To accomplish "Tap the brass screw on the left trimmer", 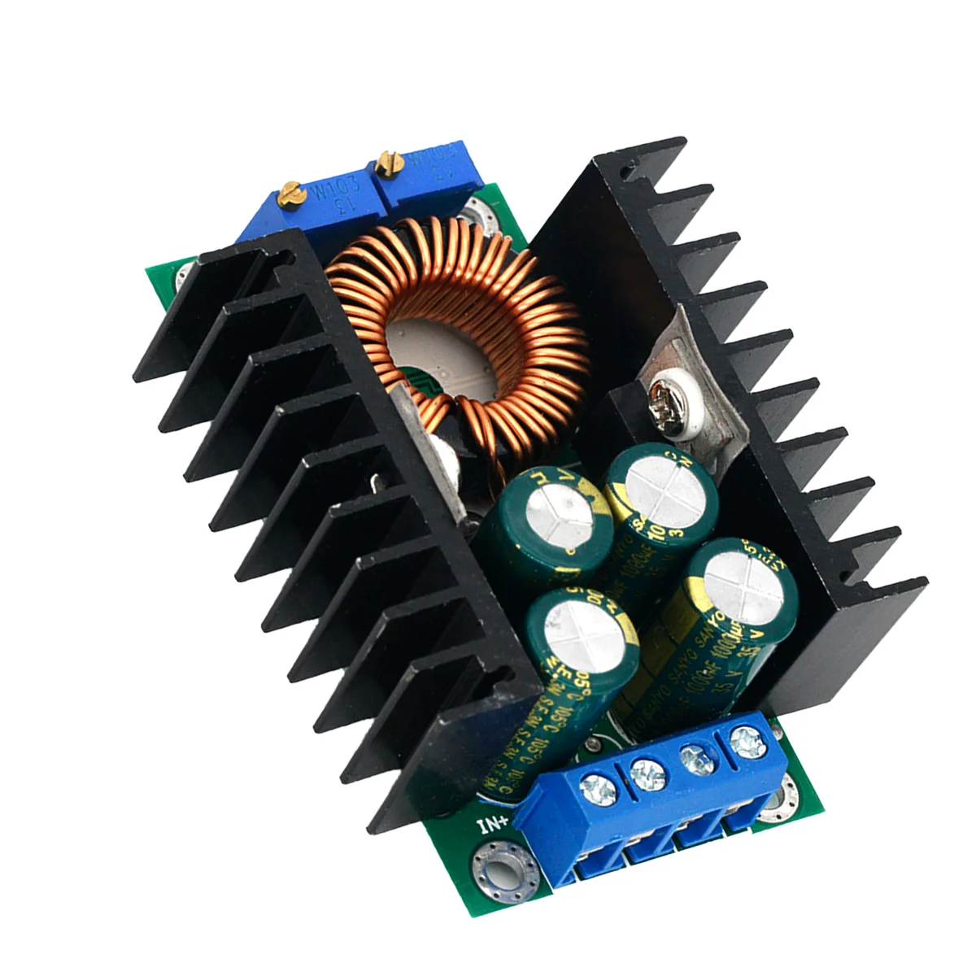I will click(294, 193).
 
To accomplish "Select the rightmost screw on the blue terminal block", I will click(742, 740).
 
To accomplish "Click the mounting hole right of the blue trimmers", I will click(476, 218).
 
